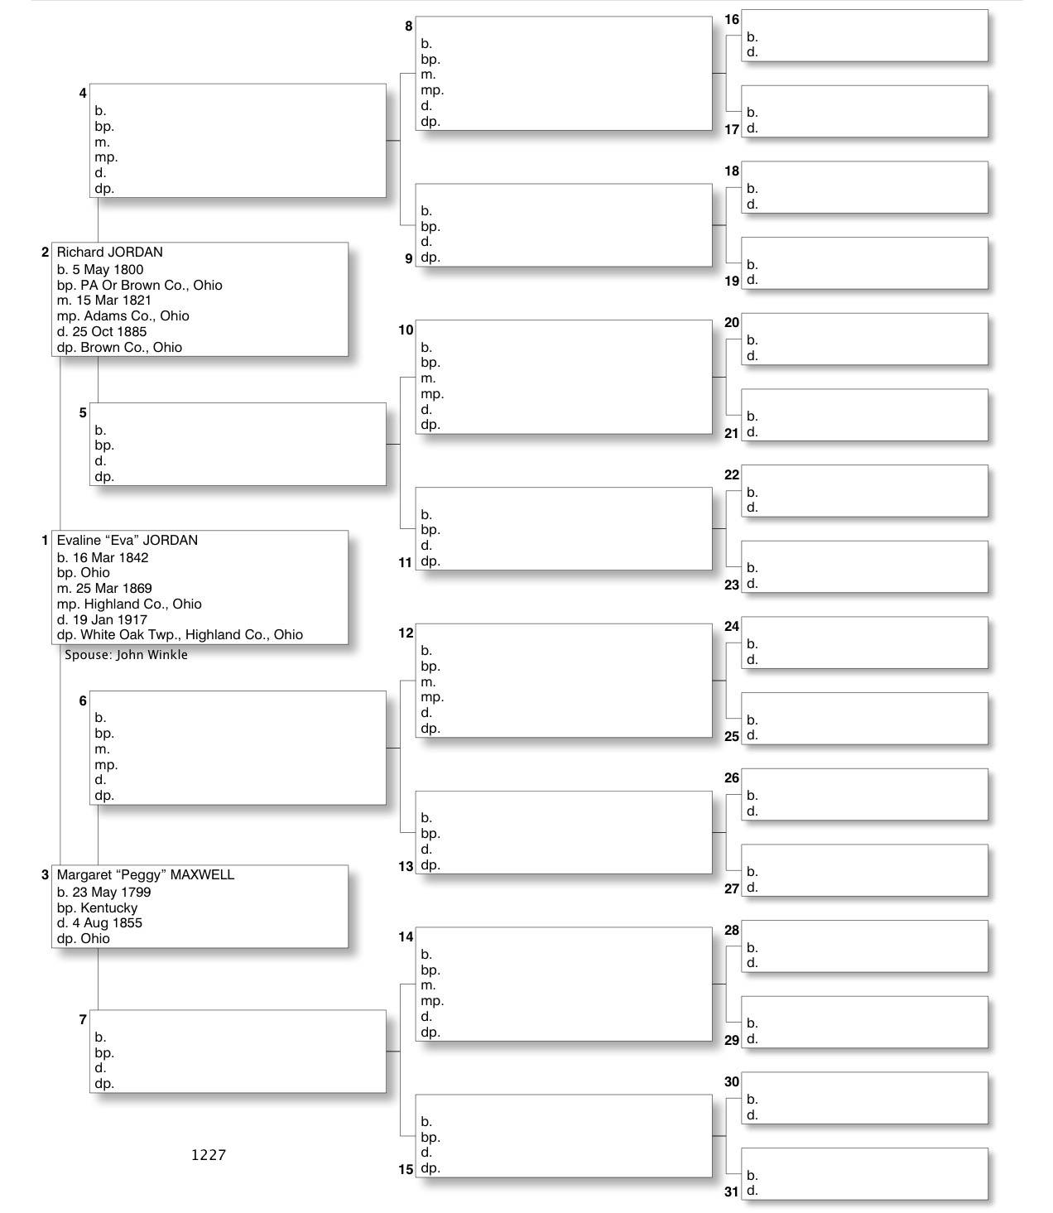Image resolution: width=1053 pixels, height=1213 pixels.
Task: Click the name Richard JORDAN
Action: [x=109, y=253]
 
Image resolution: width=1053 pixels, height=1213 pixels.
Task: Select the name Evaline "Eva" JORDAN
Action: [x=127, y=541]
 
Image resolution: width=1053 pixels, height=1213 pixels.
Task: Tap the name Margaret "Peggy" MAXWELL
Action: [x=145, y=875]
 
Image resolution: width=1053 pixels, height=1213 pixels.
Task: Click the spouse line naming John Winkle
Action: [x=126, y=655]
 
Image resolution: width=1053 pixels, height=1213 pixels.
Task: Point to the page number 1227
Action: [x=208, y=1155]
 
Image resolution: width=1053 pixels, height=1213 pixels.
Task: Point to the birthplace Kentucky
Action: [x=109, y=908]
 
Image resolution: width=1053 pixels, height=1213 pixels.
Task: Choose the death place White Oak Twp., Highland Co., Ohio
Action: [x=191, y=635]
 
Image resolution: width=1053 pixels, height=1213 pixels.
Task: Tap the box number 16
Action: [x=731, y=20]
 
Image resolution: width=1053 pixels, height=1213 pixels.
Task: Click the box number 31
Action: [x=731, y=1191]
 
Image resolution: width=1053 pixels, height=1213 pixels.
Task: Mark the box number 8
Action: [x=408, y=26]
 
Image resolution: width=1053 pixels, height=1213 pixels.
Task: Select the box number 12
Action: [x=406, y=633]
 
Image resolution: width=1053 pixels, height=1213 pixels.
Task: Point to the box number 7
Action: [x=83, y=1019]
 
